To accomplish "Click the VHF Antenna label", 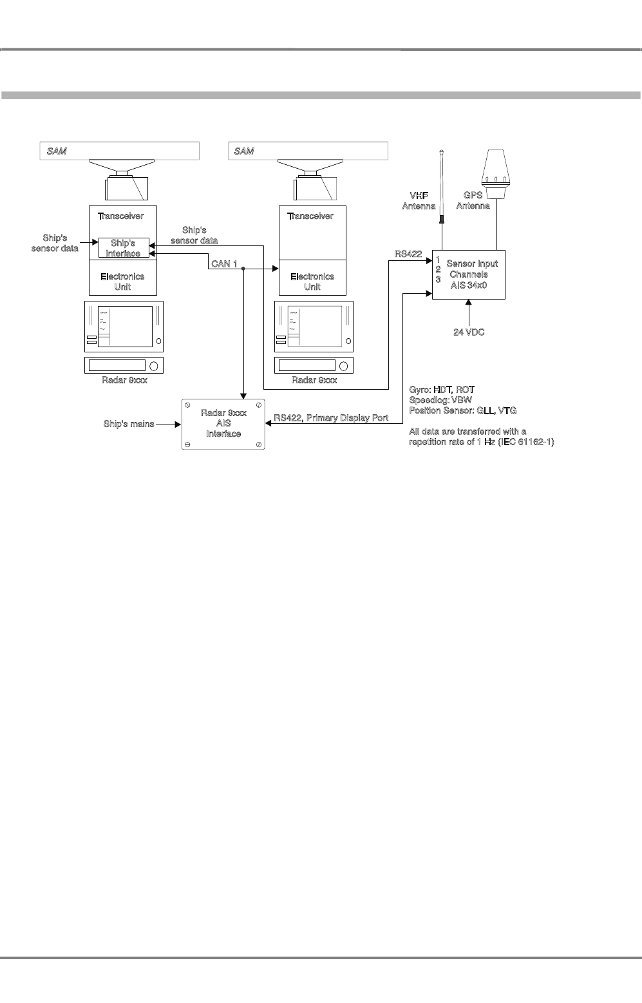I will (419, 200).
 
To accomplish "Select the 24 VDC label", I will (469, 332).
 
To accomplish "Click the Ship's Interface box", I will (123, 248).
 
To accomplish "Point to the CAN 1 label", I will (225, 264).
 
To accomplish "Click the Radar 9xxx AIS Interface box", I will (223, 424).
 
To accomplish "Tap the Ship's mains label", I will (129, 425).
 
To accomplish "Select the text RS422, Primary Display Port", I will (331, 418).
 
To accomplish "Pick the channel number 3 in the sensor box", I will (438, 280).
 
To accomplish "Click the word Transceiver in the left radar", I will (120, 216).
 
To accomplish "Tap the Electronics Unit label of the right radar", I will (312, 282).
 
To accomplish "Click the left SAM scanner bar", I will (120, 151).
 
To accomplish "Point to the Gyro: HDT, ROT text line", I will (442, 390).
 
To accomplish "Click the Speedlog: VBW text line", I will (440, 400).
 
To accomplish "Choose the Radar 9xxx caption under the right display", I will (314, 380).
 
